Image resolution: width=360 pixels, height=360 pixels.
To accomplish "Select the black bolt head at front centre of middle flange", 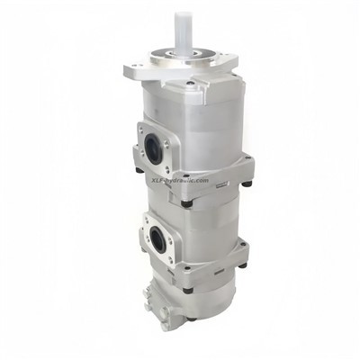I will pos(184,203).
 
